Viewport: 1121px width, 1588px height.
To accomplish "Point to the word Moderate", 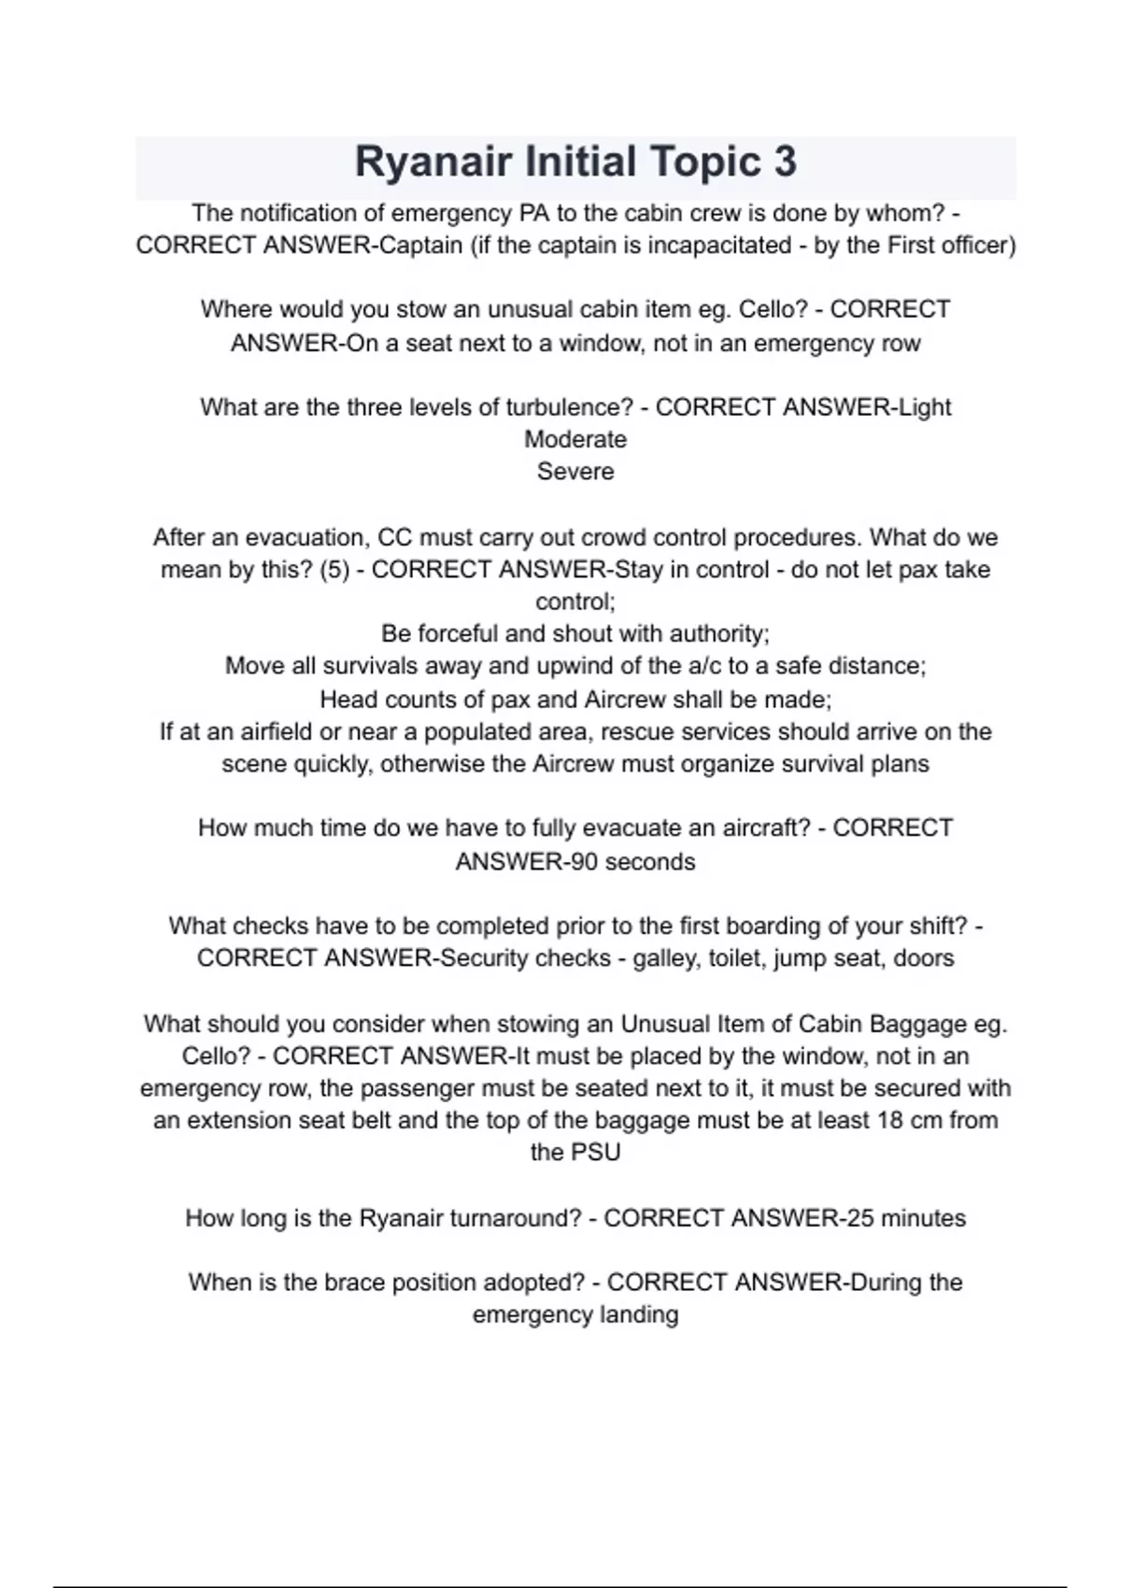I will click(575, 439).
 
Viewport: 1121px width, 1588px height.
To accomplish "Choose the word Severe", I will click(575, 472).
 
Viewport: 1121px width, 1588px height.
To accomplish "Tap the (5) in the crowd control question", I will click(334, 570).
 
